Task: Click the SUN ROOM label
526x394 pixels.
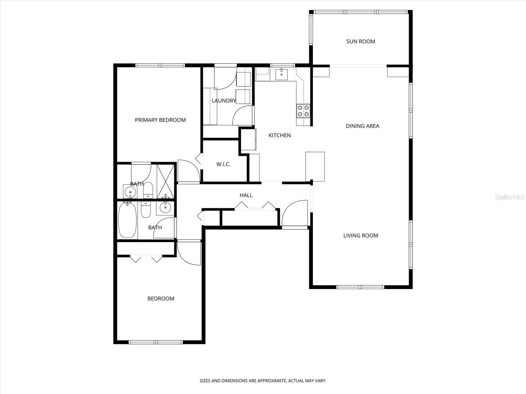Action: (x=361, y=41)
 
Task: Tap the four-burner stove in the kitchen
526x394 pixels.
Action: (x=303, y=111)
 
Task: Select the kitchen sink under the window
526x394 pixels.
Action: (x=281, y=74)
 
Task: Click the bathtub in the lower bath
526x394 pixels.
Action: (x=127, y=220)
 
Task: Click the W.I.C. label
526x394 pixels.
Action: (x=223, y=164)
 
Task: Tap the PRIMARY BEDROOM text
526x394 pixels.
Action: (x=160, y=120)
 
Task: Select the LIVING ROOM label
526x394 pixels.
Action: (x=361, y=235)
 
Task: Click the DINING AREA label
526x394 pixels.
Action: (x=362, y=126)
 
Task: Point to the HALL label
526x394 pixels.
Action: (x=246, y=195)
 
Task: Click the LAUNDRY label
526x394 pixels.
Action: (x=224, y=101)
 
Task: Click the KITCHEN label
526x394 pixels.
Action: (x=279, y=135)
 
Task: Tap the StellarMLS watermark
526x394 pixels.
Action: (x=512, y=197)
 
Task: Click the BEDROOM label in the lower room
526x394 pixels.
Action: (x=160, y=298)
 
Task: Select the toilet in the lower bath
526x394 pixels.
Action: (x=145, y=210)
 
